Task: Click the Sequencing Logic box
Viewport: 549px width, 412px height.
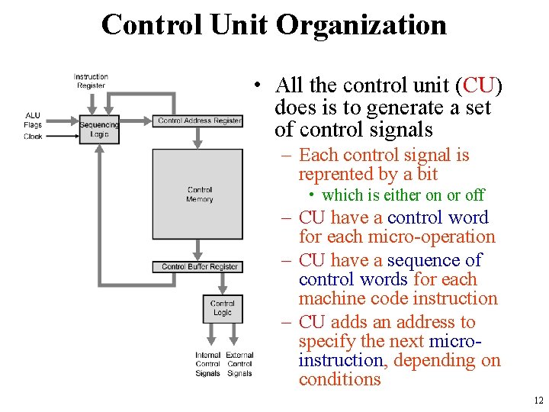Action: [99, 130]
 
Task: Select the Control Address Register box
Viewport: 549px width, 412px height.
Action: [200, 121]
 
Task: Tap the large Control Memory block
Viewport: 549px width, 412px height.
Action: [197, 194]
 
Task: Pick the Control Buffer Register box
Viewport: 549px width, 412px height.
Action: [200, 267]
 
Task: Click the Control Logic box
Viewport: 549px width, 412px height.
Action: [223, 308]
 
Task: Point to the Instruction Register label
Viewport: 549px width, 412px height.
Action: [91, 81]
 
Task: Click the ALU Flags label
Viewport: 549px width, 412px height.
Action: [33, 120]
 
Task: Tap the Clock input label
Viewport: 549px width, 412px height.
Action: [33, 137]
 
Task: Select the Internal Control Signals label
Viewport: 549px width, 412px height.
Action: [207, 364]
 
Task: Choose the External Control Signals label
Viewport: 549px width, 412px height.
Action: [239, 364]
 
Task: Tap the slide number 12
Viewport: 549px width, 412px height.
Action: [538, 401]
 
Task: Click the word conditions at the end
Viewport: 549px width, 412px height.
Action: [339, 379]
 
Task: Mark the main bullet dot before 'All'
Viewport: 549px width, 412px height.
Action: [260, 85]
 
